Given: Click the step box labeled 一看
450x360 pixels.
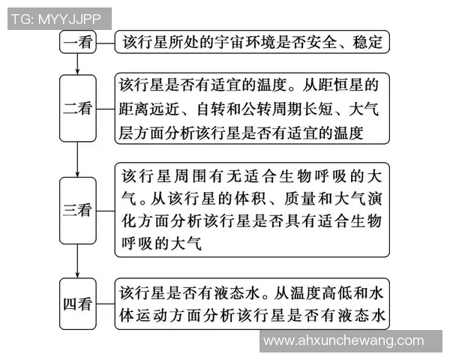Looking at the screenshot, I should click(x=78, y=41).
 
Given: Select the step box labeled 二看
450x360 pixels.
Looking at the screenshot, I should click(x=78, y=109).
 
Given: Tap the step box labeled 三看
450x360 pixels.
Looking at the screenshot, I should click(x=78, y=210).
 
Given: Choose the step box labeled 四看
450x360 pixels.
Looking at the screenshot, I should click(x=78, y=304).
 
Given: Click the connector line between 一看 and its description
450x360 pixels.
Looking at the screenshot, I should click(x=105, y=41).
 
